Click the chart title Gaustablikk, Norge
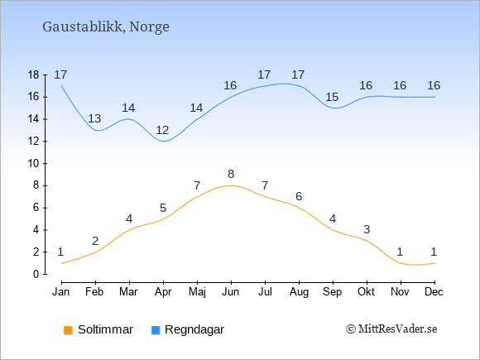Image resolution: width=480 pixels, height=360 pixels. [106, 27]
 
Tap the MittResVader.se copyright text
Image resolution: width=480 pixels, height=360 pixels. [391, 329]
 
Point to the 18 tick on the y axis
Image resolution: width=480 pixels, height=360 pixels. [34, 75]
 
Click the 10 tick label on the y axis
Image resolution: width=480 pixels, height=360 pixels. [34, 164]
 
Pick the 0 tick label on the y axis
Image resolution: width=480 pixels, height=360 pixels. [36, 274]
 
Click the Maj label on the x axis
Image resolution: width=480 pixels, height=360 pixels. [197, 292]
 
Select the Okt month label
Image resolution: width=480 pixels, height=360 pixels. [366, 292]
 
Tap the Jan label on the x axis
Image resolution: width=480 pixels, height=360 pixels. [61, 292]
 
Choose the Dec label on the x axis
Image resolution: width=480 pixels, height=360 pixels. [434, 292]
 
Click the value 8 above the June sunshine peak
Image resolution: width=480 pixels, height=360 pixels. [231, 174]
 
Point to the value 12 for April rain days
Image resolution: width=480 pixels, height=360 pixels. [162, 131]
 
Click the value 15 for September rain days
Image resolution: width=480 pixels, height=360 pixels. [332, 98]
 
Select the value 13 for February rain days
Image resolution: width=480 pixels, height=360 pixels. [94, 119]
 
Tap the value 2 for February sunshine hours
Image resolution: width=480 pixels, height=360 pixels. [95, 242]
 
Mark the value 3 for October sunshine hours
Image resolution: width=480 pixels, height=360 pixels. [367, 229]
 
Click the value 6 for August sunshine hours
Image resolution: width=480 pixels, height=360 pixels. [299, 196]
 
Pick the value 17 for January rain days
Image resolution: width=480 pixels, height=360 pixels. [60, 74]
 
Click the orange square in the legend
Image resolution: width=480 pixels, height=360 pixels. [68, 330]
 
